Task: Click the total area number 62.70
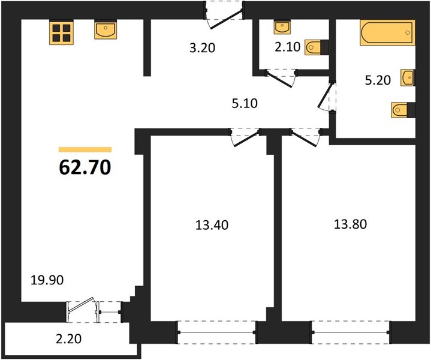coord(85,167)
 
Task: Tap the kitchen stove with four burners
coord(62,32)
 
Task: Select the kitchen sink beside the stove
coord(106,30)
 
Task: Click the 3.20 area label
coord(202,48)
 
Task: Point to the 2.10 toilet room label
coord(288,47)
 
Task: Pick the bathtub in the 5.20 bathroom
coord(388,33)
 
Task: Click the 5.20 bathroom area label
coord(378,80)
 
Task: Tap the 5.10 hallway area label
coord(245,103)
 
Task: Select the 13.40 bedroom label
coord(212,225)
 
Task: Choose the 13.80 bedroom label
coord(350,224)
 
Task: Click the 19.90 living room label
coord(47,280)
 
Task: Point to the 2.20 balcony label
coord(68,339)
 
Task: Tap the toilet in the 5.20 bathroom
coord(403,110)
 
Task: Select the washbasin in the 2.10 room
coord(282,28)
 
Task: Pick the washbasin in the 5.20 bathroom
coord(408,77)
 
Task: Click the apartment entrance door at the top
coord(225,14)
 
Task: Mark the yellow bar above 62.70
coord(85,149)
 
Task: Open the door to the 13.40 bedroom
coord(245,137)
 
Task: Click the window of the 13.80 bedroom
coord(351,332)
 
